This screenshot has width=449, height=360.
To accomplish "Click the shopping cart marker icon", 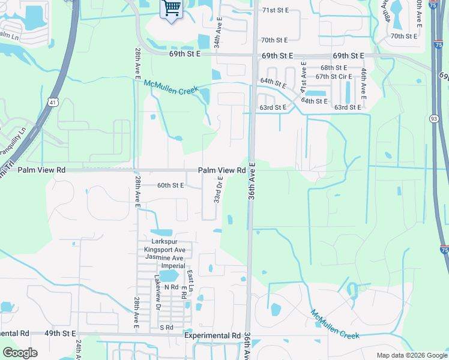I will (172, 9).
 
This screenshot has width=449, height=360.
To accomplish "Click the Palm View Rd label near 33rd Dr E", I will (222, 170).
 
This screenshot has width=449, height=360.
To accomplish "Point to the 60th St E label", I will (169, 185).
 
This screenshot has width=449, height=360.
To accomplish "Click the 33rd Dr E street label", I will (219, 190).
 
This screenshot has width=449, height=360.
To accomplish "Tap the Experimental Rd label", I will (212, 335).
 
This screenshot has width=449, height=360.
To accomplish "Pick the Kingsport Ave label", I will (164, 250).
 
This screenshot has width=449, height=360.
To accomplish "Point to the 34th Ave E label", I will (219, 34).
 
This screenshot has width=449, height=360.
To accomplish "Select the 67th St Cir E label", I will (334, 76).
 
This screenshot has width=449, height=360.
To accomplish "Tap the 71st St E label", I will (275, 10).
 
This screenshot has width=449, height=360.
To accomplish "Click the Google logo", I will (20, 353).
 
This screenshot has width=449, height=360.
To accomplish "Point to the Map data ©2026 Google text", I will (411, 355).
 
